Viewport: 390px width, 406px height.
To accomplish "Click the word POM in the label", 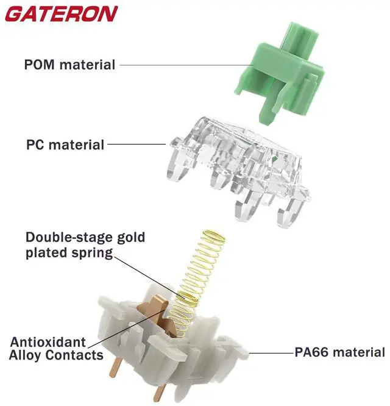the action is coord(41,64).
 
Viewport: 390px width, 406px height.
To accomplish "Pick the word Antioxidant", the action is coord(48,342).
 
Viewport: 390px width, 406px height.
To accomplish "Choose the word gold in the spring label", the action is coord(132,237).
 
